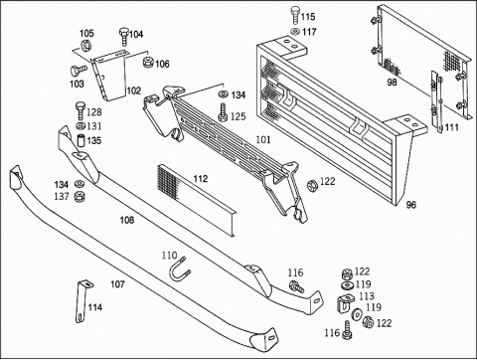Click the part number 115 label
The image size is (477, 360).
[x=308, y=17]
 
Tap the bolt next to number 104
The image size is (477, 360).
[x=123, y=37]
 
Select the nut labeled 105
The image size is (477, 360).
[x=85, y=45]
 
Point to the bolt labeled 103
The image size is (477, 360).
[x=78, y=71]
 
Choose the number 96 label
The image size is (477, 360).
[x=410, y=205]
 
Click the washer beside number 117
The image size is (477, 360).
[x=294, y=32]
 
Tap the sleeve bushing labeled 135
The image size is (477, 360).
[x=81, y=141]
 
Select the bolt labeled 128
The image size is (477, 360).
[x=80, y=111]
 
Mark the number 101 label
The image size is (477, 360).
[x=263, y=139]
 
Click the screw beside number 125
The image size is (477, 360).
[x=223, y=112]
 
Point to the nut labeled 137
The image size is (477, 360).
[x=79, y=197]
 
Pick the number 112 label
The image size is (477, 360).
[x=201, y=179]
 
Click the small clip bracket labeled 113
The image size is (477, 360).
[x=345, y=303]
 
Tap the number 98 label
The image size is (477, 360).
[x=393, y=82]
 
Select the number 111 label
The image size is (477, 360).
[x=451, y=127]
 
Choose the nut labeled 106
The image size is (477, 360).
[x=147, y=62]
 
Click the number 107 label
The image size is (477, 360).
[x=117, y=284]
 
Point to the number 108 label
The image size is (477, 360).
[x=127, y=220]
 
